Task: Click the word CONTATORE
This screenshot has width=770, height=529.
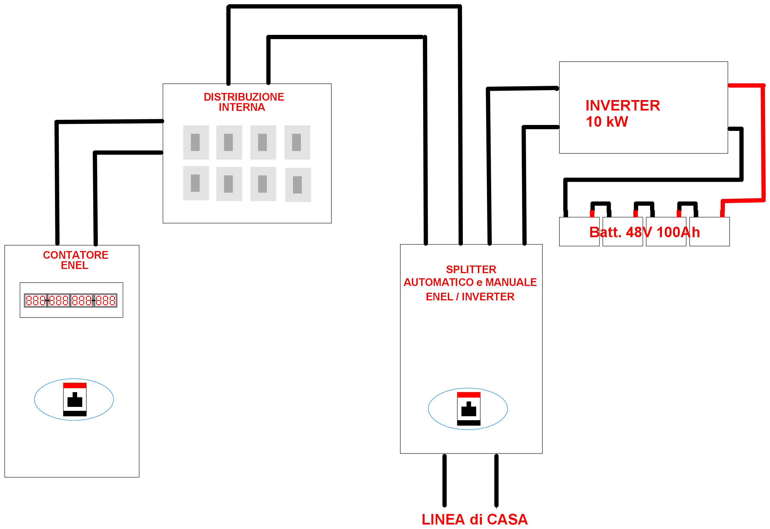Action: pyautogui.click(x=76, y=255)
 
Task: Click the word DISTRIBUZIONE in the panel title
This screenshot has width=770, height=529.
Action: pyautogui.click(x=244, y=97)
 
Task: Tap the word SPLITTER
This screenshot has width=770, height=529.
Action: pyautogui.click(x=471, y=269)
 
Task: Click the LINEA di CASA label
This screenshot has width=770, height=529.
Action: pyautogui.click(x=474, y=519)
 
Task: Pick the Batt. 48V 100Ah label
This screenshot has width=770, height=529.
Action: pyautogui.click(x=644, y=232)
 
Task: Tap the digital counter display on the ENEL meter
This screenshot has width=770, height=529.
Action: pyautogui.click(x=71, y=300)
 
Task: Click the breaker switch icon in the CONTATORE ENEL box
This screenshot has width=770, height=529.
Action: pyautogui.click(x=75, y=400)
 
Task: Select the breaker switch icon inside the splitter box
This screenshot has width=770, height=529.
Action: pyautogui.click(x=469, y=409)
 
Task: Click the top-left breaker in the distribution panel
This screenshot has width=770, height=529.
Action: pyautogui.click(x=196, y=142)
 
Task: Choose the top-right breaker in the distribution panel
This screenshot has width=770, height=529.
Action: pyautogui.click(x=297, y=142)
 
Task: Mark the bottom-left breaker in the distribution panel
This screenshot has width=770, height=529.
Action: pyautogui.click(x=196, y=183)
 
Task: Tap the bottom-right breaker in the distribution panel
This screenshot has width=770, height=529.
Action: pyautogui.click(x=298, y=185)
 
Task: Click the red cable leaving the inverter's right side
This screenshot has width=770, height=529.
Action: pyautogui.click(x=763, y=143)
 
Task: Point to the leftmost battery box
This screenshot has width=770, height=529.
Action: pyautogui.click(x=579, y=232)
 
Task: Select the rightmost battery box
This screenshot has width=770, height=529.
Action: pyautogui.click(x=709, y=232)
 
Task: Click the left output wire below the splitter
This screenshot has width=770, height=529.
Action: pyautogui.click(x=444, y=480)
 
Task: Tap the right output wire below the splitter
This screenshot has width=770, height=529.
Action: pyautogui.click(x=496, y=480)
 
